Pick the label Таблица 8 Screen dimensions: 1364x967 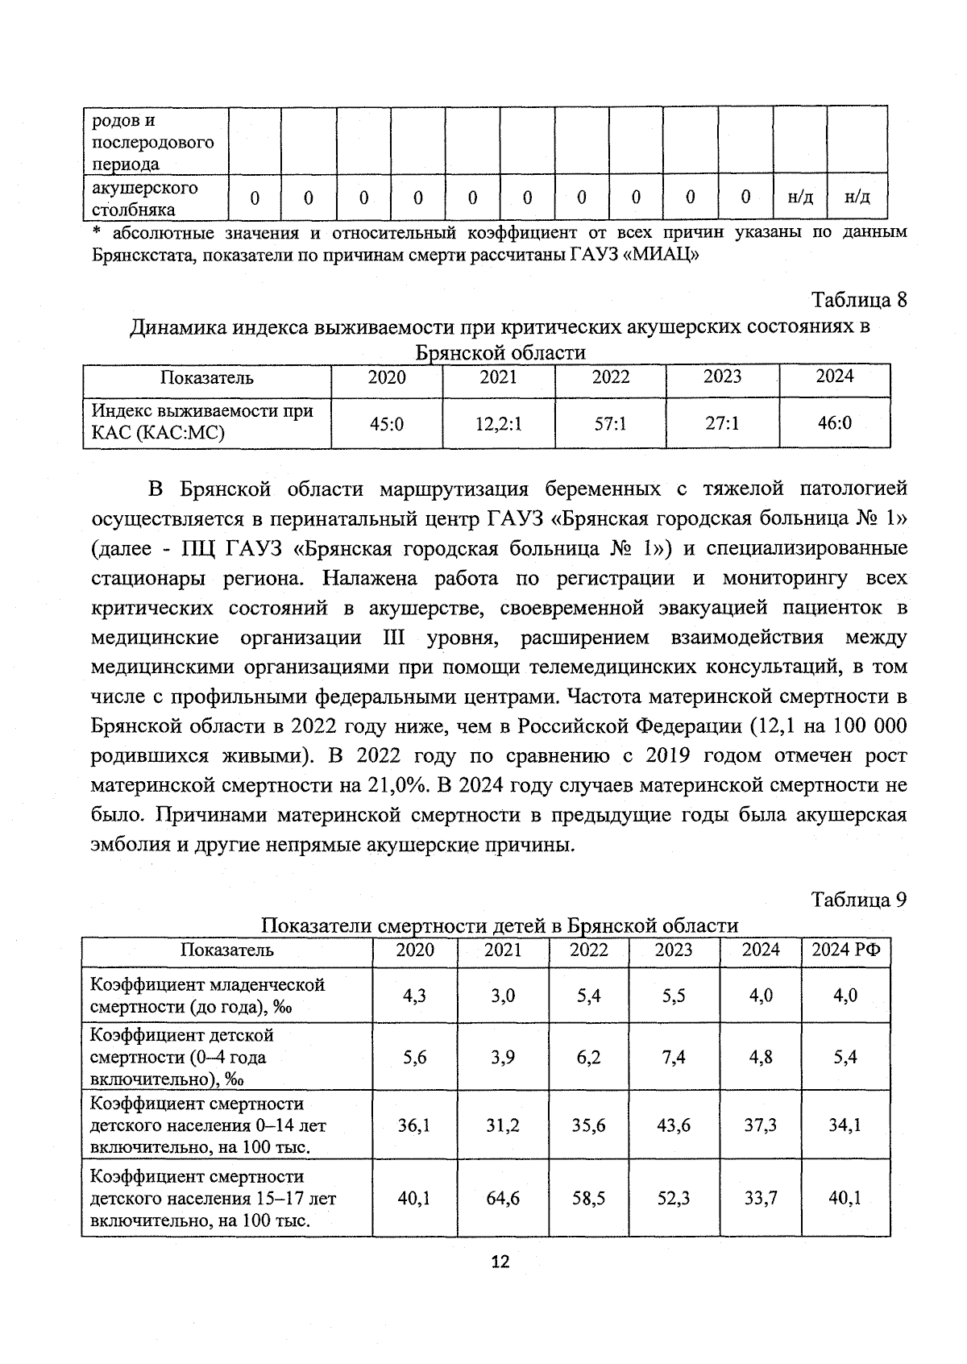click(x=859, y=300)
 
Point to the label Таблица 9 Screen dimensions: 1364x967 click(x=859, y=900)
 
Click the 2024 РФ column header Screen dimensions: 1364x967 click(x=845, y=950)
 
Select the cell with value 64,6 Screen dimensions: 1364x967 click(x=503, y=1199)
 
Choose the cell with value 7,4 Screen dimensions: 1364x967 click(x=673, y=1057)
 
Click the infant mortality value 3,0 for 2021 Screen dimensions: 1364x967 click(x=503, y=996)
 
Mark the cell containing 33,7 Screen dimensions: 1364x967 click(x=760, y=1199)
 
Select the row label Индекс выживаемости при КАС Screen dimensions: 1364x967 click(x=201, y=422)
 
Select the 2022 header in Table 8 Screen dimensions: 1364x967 click(x=610, y=377)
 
